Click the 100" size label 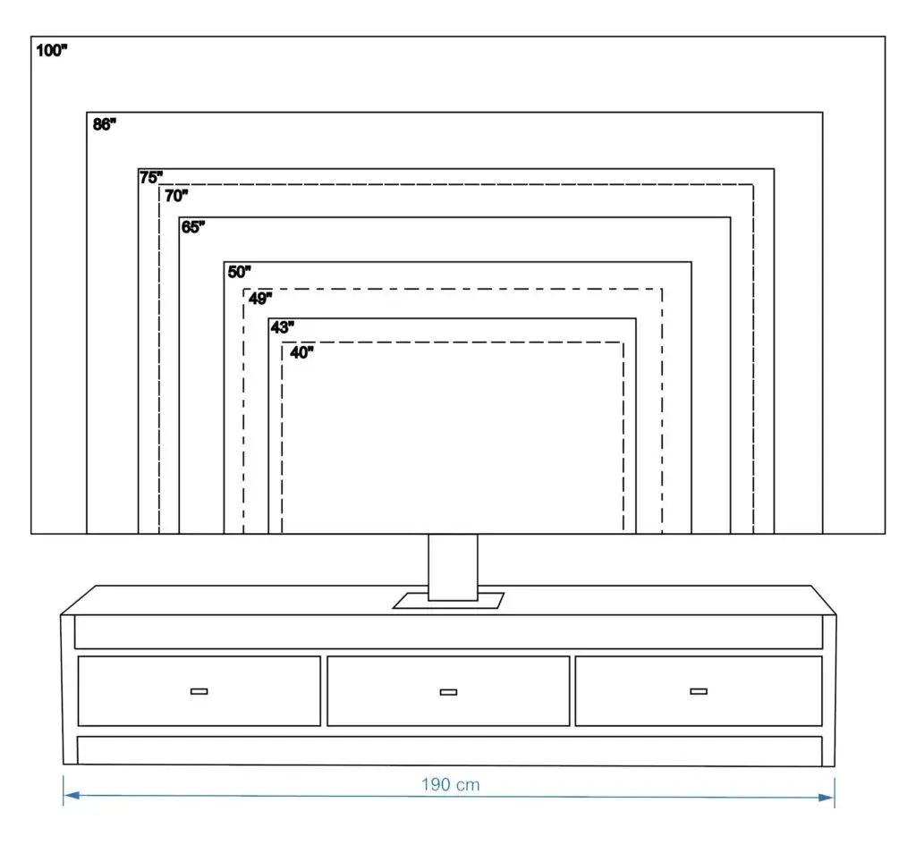(52, 51)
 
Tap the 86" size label (105, 125)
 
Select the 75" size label (151, 177)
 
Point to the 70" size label (176, 196)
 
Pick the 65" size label (193, 227)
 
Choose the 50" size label (239, 271)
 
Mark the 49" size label (260, 299)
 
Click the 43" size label (282, 327)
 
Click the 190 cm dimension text (451, 785)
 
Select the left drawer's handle (199, 691)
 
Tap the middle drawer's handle (448, 691)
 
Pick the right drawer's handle (699, 690)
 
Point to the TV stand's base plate (448, 602)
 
